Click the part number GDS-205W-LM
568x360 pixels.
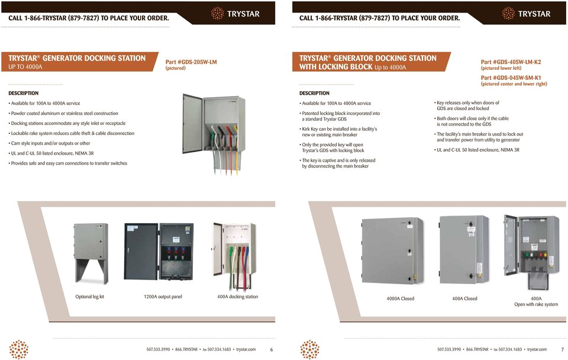pos(191,62)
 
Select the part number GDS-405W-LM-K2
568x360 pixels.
pos(511,62)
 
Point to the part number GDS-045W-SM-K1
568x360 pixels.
pos(511,78)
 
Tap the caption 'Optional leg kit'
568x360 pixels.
pos(89,297)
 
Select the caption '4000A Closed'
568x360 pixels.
pos(401,298)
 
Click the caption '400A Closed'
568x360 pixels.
pos(464,298)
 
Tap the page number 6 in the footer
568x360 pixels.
pos(272,349)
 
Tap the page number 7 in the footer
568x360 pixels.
pos(562,349)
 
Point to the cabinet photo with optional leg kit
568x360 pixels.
pos(90,253)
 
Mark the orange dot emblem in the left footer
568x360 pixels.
pos(20,349)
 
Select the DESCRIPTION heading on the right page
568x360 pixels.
pos(314,93)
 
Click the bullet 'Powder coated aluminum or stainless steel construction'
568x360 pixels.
pos(64,113)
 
